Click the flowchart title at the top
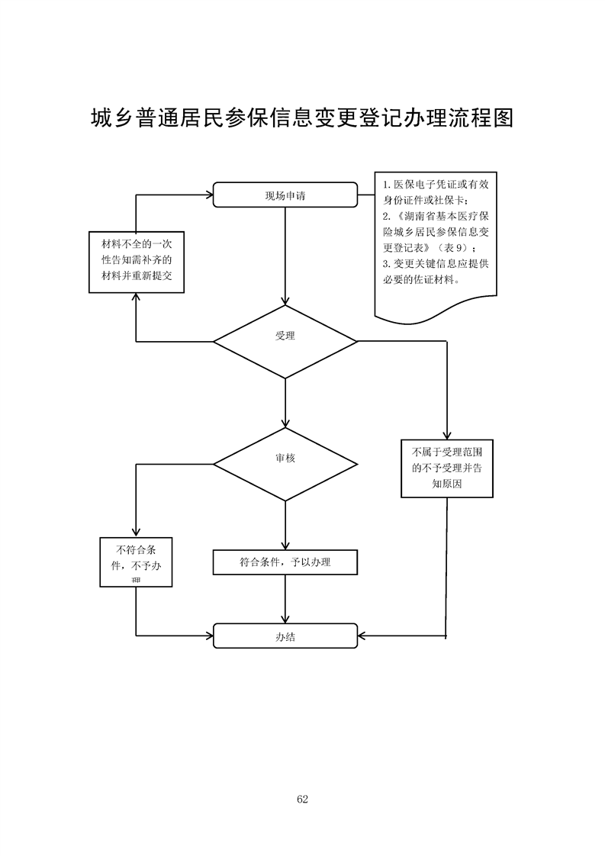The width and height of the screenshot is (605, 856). (302, 118)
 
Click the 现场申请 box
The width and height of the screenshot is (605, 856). (285, 195)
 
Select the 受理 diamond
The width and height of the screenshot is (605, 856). (285, 342)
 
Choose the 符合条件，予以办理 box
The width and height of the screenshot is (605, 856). (285, 562)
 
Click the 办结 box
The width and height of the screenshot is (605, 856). (285, 636)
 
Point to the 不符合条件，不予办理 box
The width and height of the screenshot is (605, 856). (137, 562)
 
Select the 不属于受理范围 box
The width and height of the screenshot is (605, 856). (446, 468)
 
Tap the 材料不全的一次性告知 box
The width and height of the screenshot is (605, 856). (137, 262)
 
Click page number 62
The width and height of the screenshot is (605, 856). (302, 799)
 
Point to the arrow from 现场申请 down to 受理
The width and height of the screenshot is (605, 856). (285, 256)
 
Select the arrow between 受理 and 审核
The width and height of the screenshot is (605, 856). (285, 402)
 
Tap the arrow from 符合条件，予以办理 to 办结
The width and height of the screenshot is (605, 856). (285, 599)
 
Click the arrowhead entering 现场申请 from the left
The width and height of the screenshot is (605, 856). (208, 195)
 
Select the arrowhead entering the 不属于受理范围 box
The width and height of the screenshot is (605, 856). (446, 436)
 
